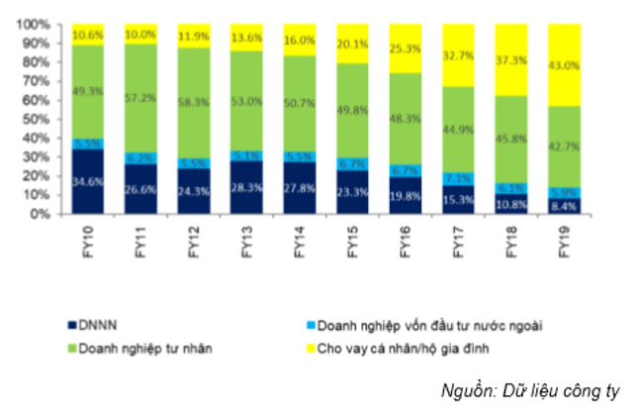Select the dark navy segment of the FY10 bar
[88, 181]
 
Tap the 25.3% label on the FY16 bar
[405, 46]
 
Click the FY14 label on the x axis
[300, 241]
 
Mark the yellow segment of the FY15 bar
[352, 43]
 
